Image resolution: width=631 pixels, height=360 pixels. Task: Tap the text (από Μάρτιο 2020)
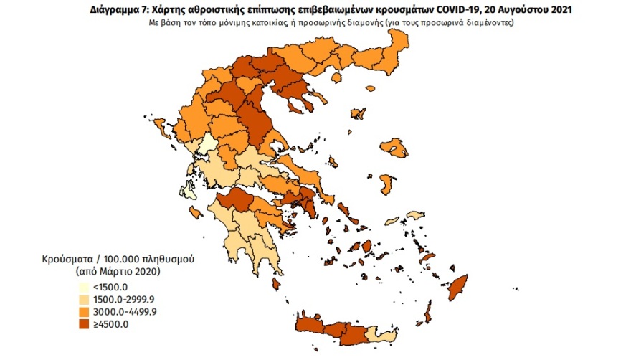coord(119,272)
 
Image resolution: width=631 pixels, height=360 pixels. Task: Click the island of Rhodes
coord(457,287)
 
